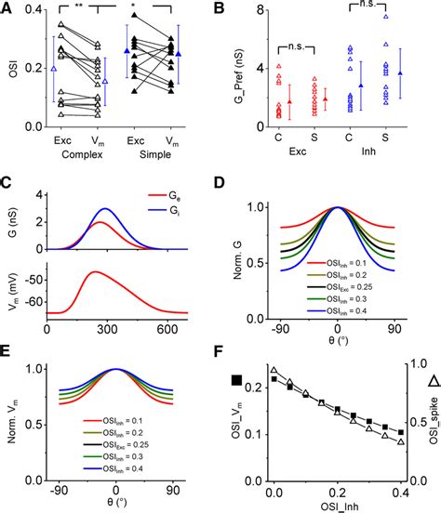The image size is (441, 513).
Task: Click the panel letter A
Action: [x=9, y=11]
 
